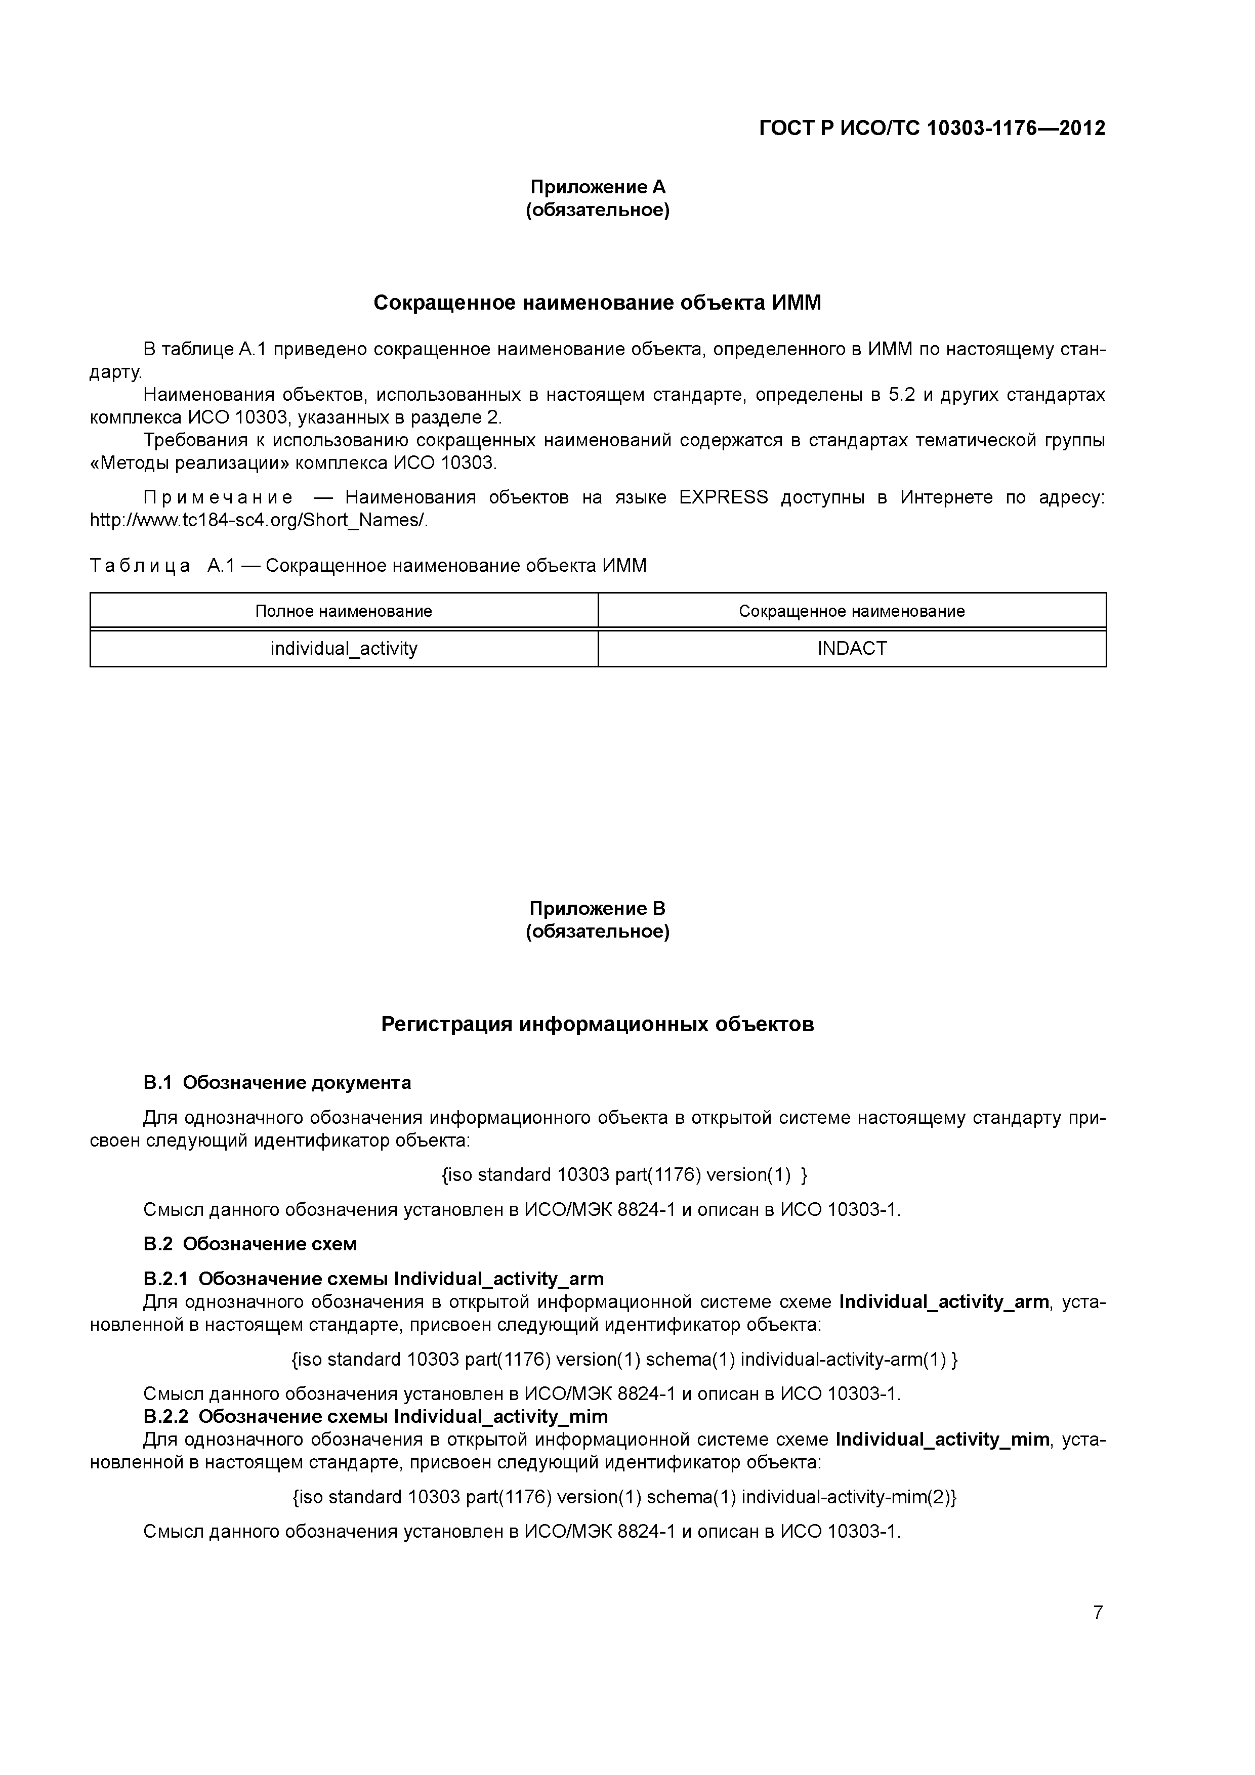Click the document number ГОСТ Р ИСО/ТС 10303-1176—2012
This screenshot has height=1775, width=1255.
pyautogui.click(x=932, y=129)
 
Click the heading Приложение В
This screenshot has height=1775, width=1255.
pyautogui.click(x=597, y=908)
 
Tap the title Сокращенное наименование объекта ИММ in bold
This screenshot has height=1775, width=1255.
pyautogui.click(x=597, y=303)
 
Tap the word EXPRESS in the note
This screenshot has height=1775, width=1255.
pyautogui.click(x=723, y=497)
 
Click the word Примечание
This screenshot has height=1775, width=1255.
pyautogui.click(x=218, y=497)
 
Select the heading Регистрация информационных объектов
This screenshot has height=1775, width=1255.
pyautogui.click(x=597, y=1024)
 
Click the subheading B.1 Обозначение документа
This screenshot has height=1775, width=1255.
pyautogui.click(x=277, y=1082)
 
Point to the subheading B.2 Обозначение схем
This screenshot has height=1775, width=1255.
pyautogui.click(x=250, y=1244)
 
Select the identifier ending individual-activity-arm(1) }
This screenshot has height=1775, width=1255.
pyautogui.click(x=624, y=1359)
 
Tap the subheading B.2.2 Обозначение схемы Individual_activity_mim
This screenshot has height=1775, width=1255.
pyautogui.click(x=376, y=1416)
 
